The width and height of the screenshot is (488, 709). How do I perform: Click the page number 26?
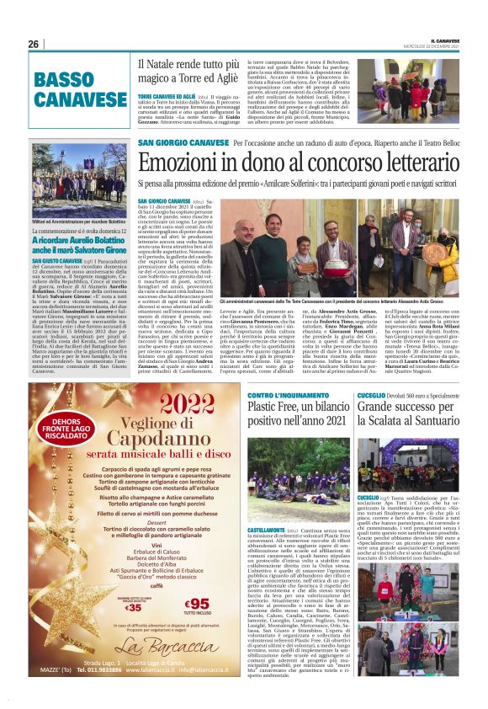(x=34, y=44)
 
